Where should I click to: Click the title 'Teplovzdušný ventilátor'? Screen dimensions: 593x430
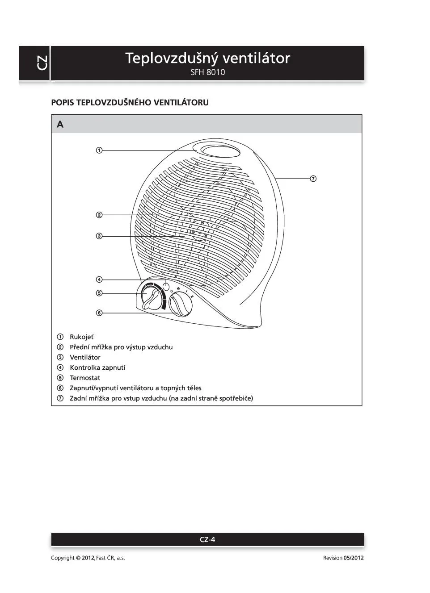point(207,58)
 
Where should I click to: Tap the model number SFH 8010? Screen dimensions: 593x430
point(207,72)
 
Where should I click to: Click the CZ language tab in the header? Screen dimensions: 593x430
point(42,63)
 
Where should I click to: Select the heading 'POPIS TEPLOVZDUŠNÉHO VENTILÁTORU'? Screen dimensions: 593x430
point(130,102)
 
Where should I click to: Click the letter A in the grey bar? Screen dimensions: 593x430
point(60,125)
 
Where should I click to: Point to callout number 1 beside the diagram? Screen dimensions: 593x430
point(99,150)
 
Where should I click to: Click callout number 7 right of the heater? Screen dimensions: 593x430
point(313,179)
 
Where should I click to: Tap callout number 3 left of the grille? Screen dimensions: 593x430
point(99,236)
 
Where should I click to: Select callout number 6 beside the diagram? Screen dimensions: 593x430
point(99,313)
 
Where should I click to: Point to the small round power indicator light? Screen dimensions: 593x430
point(166,287)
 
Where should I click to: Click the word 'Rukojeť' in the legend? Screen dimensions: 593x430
point(81,337)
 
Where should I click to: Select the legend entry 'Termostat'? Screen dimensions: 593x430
point(85,378)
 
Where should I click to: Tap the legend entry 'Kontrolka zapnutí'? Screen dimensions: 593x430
point(97,367)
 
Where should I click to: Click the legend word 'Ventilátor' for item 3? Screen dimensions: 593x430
point(85,357)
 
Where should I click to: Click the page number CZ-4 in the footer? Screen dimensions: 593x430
point(207,539)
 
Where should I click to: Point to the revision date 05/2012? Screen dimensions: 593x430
point(354,558)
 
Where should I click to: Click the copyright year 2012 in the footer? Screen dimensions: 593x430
point(88,558)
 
